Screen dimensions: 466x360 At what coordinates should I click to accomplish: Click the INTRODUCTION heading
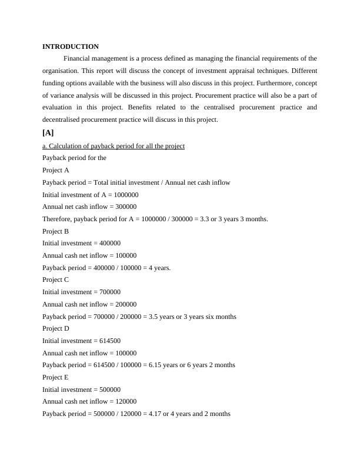71,46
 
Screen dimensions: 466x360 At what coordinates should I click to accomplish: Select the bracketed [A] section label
48,132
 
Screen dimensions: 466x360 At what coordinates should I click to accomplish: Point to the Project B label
56,231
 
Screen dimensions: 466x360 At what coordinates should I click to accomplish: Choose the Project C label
56,279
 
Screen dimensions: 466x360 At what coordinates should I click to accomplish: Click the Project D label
56,328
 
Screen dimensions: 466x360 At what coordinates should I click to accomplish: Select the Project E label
56,377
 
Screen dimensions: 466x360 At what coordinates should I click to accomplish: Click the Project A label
56,170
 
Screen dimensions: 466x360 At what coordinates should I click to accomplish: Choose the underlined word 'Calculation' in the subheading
65,146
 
